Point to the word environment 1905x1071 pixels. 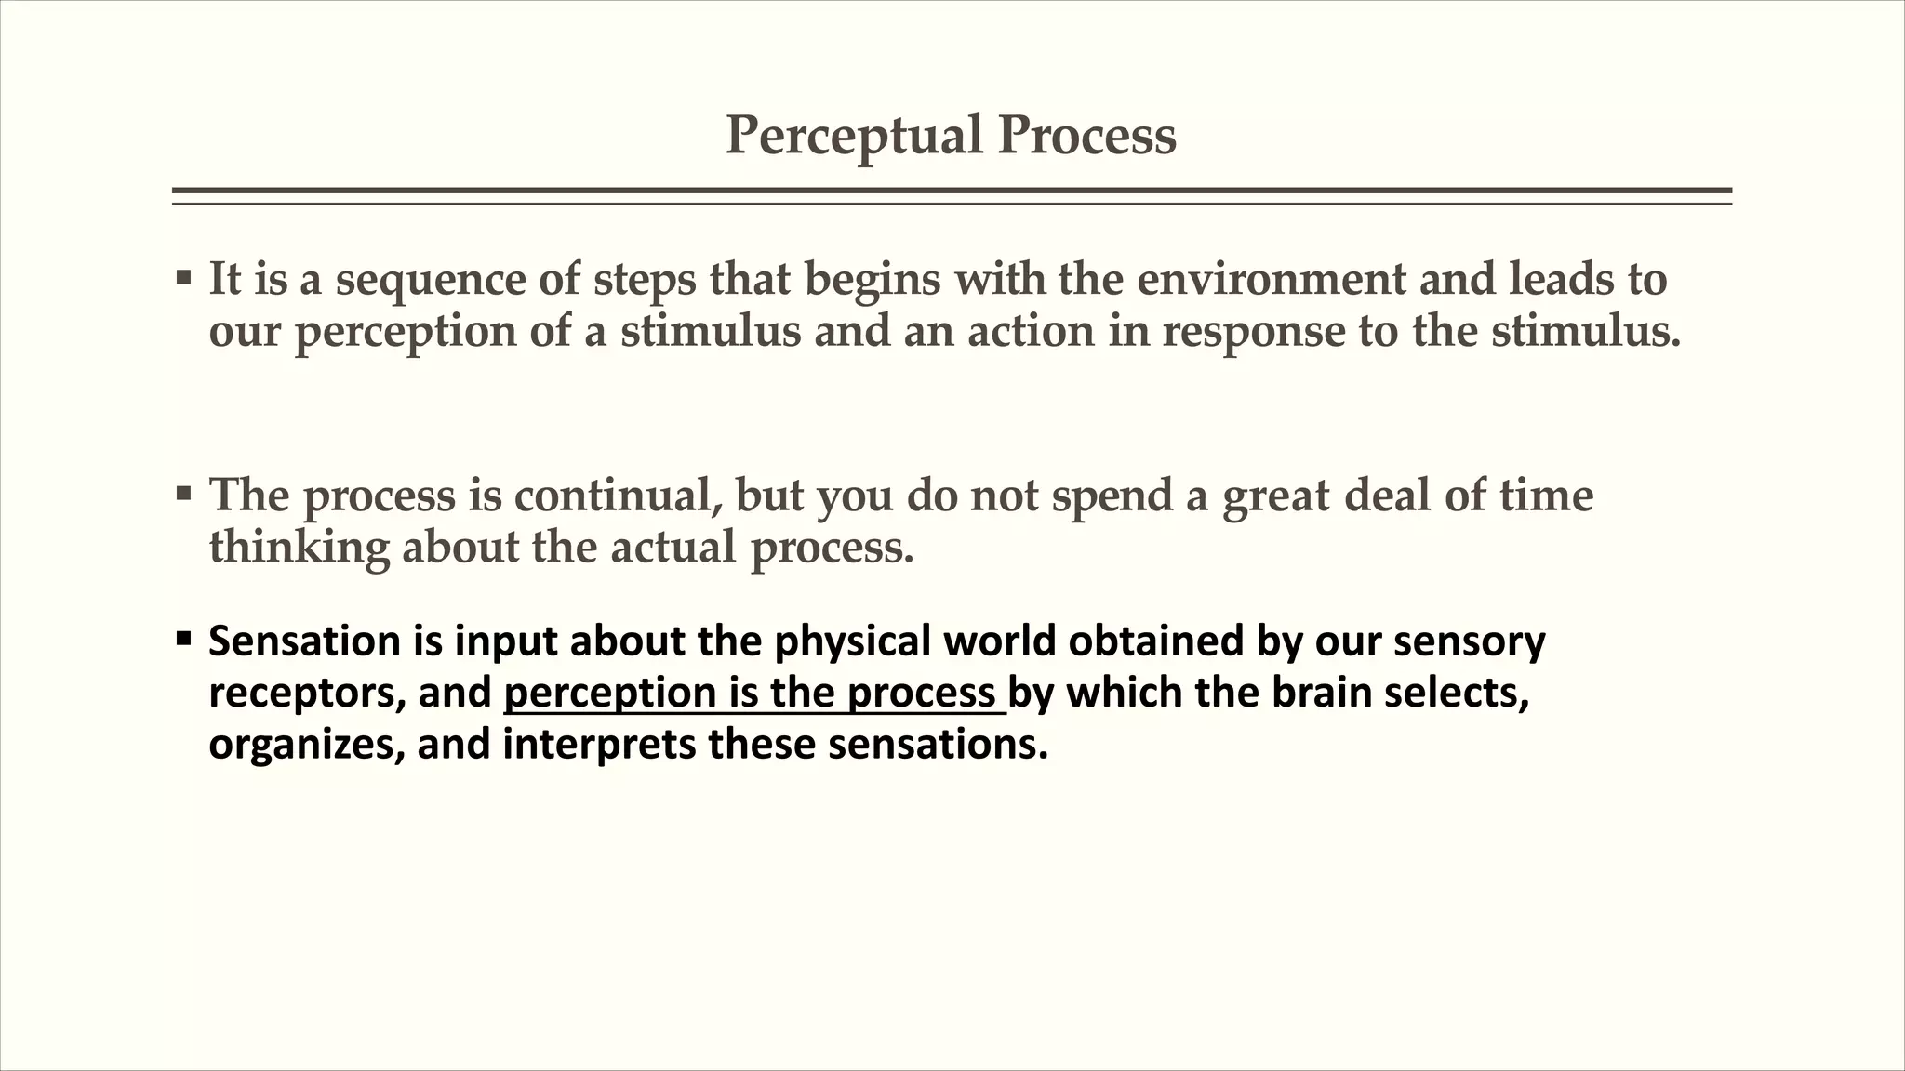1272,279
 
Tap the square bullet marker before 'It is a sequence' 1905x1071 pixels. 183,277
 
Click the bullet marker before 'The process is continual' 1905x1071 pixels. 183,493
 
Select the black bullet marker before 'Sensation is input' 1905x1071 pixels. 183,639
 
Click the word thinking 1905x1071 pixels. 299,547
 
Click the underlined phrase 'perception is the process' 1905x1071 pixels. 753,694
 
